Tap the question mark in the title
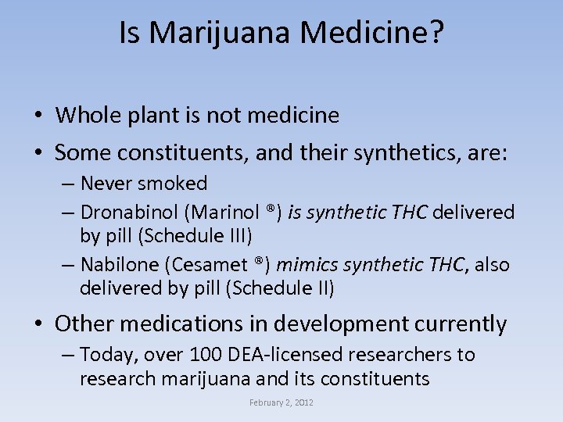[436, 33]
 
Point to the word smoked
[172, 184]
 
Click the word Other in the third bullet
[84, 324]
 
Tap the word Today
[105, 355]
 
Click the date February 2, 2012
[281, 402]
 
